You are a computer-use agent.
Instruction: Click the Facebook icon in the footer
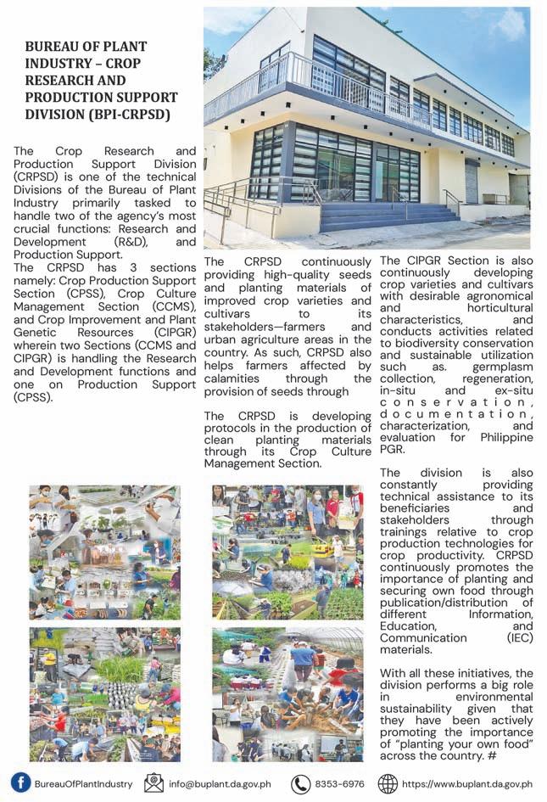click(x=20, y=782)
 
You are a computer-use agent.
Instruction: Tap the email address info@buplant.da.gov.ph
click(x=220, y=783)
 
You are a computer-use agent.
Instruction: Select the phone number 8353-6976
click(x=339, y=783)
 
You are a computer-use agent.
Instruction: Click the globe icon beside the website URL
click(x=388, y=782)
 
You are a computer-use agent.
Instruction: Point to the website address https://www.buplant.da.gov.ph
click(x=467, y=783)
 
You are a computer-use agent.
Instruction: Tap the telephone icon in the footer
click(x=300, y=783)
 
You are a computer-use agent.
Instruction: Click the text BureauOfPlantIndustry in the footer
click(x=83, y=783)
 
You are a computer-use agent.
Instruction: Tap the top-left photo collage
click(x=104, y=552)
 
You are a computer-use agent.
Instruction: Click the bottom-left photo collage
click(x=104, y=694)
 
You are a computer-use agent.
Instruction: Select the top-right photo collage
click(x=287, y=552)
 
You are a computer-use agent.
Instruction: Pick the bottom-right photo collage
click(x=287, y=694)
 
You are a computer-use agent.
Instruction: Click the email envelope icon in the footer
click(x=153, y=782)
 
